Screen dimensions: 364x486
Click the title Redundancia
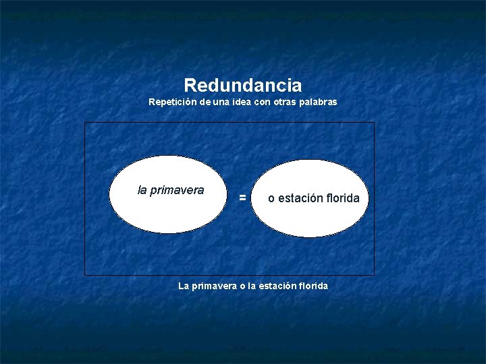(242, 86)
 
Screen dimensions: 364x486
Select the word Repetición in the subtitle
(169, 102)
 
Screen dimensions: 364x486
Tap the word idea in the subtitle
(234, 102)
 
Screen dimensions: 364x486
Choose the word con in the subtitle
(259, 102)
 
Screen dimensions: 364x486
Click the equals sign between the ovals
(242, 198)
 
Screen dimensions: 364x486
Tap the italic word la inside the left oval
(142, 190)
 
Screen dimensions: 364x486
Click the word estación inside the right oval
(299, 198)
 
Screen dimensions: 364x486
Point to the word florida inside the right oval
(341, 198)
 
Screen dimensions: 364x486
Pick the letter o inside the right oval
(271, 199)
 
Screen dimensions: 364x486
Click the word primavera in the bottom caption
(214, 286)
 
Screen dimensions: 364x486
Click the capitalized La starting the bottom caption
(184, 286)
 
